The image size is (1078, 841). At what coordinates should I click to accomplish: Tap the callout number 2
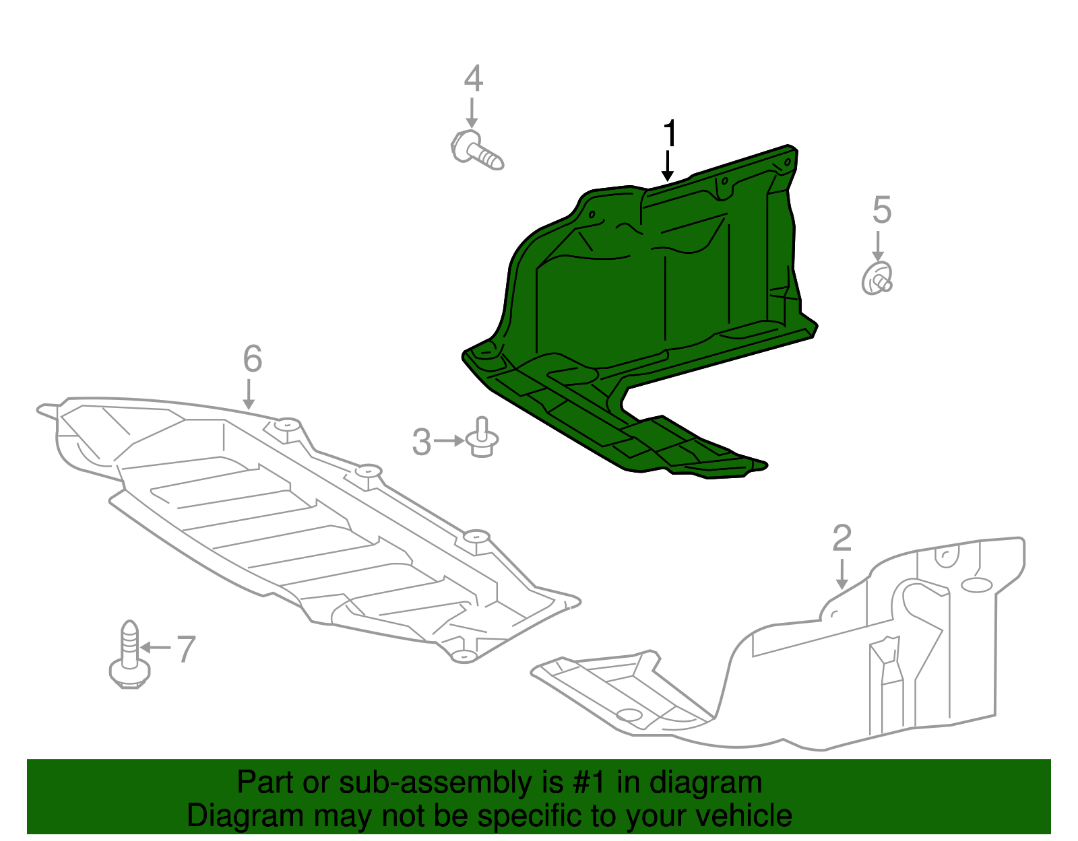842,539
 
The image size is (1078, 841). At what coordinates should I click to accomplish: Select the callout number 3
422,442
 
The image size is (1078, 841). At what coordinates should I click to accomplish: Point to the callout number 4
473,79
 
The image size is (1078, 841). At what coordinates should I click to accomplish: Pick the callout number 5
881,210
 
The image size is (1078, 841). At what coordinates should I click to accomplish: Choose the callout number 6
252,359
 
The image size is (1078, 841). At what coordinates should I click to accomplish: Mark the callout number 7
186,649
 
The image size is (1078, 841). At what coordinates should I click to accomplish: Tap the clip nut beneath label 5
877,279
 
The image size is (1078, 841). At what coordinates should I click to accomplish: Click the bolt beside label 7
129,655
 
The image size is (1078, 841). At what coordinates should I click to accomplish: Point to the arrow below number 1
668,166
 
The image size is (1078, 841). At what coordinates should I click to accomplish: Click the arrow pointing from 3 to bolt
449,441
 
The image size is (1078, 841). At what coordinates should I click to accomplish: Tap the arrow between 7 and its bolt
156,648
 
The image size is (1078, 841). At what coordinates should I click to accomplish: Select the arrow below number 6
249,394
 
